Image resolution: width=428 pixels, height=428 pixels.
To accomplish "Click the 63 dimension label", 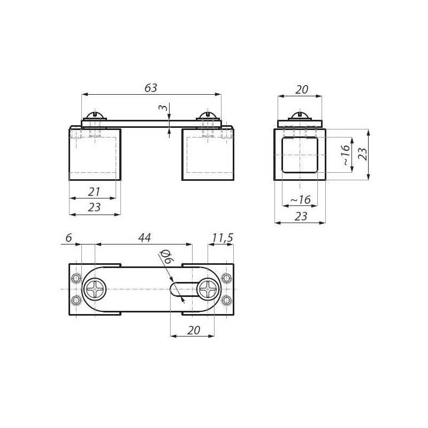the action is point(151,88).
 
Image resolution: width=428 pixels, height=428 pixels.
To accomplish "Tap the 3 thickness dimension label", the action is point(163,108).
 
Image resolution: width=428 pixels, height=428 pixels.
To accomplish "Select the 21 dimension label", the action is point(94,192).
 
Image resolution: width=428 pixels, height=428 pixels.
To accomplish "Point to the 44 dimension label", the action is point(144,238).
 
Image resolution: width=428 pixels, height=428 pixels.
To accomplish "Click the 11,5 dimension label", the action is point(223,238).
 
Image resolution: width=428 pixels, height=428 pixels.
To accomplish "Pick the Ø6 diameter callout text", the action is point(167,256).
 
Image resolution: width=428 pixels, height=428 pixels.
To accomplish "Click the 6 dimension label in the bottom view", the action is point(68,238).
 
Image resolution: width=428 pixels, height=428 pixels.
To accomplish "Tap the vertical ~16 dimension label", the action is point(345,155).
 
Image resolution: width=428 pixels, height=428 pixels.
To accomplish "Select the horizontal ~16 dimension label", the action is point(301,200).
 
